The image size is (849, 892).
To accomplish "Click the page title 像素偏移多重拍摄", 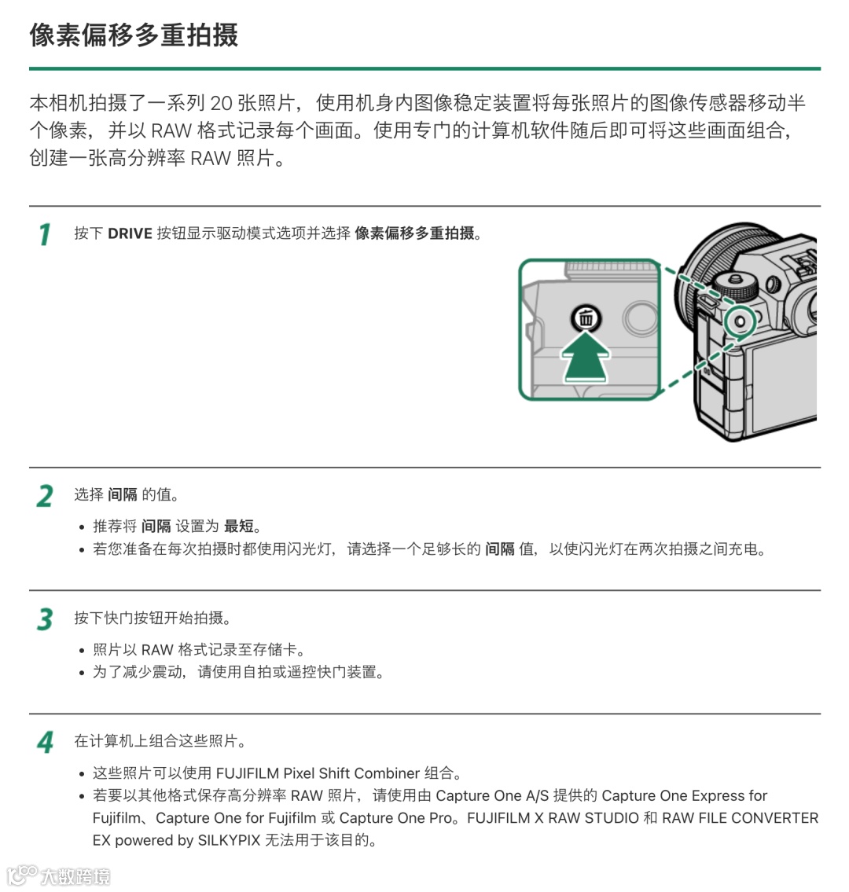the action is (134, 35).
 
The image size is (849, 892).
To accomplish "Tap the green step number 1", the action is (45, 234).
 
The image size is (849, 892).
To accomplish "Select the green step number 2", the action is (45, 496).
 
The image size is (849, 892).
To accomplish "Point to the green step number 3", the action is (45, 619).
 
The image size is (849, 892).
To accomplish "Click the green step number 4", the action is (45, 743).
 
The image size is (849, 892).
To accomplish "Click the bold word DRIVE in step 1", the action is (130, 234).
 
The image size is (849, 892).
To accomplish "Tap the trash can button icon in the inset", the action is (586, 318).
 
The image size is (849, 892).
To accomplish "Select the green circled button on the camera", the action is (741, 321).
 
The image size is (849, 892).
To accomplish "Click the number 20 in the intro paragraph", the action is (222, 103).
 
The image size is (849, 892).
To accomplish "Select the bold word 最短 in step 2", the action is (239, 527).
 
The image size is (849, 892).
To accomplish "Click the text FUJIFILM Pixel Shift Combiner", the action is (318, 773).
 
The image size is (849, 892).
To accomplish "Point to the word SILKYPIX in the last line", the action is (229, 840).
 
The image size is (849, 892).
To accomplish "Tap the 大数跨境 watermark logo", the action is (59, 875).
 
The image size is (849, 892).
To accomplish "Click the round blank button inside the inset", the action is (641, 318).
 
